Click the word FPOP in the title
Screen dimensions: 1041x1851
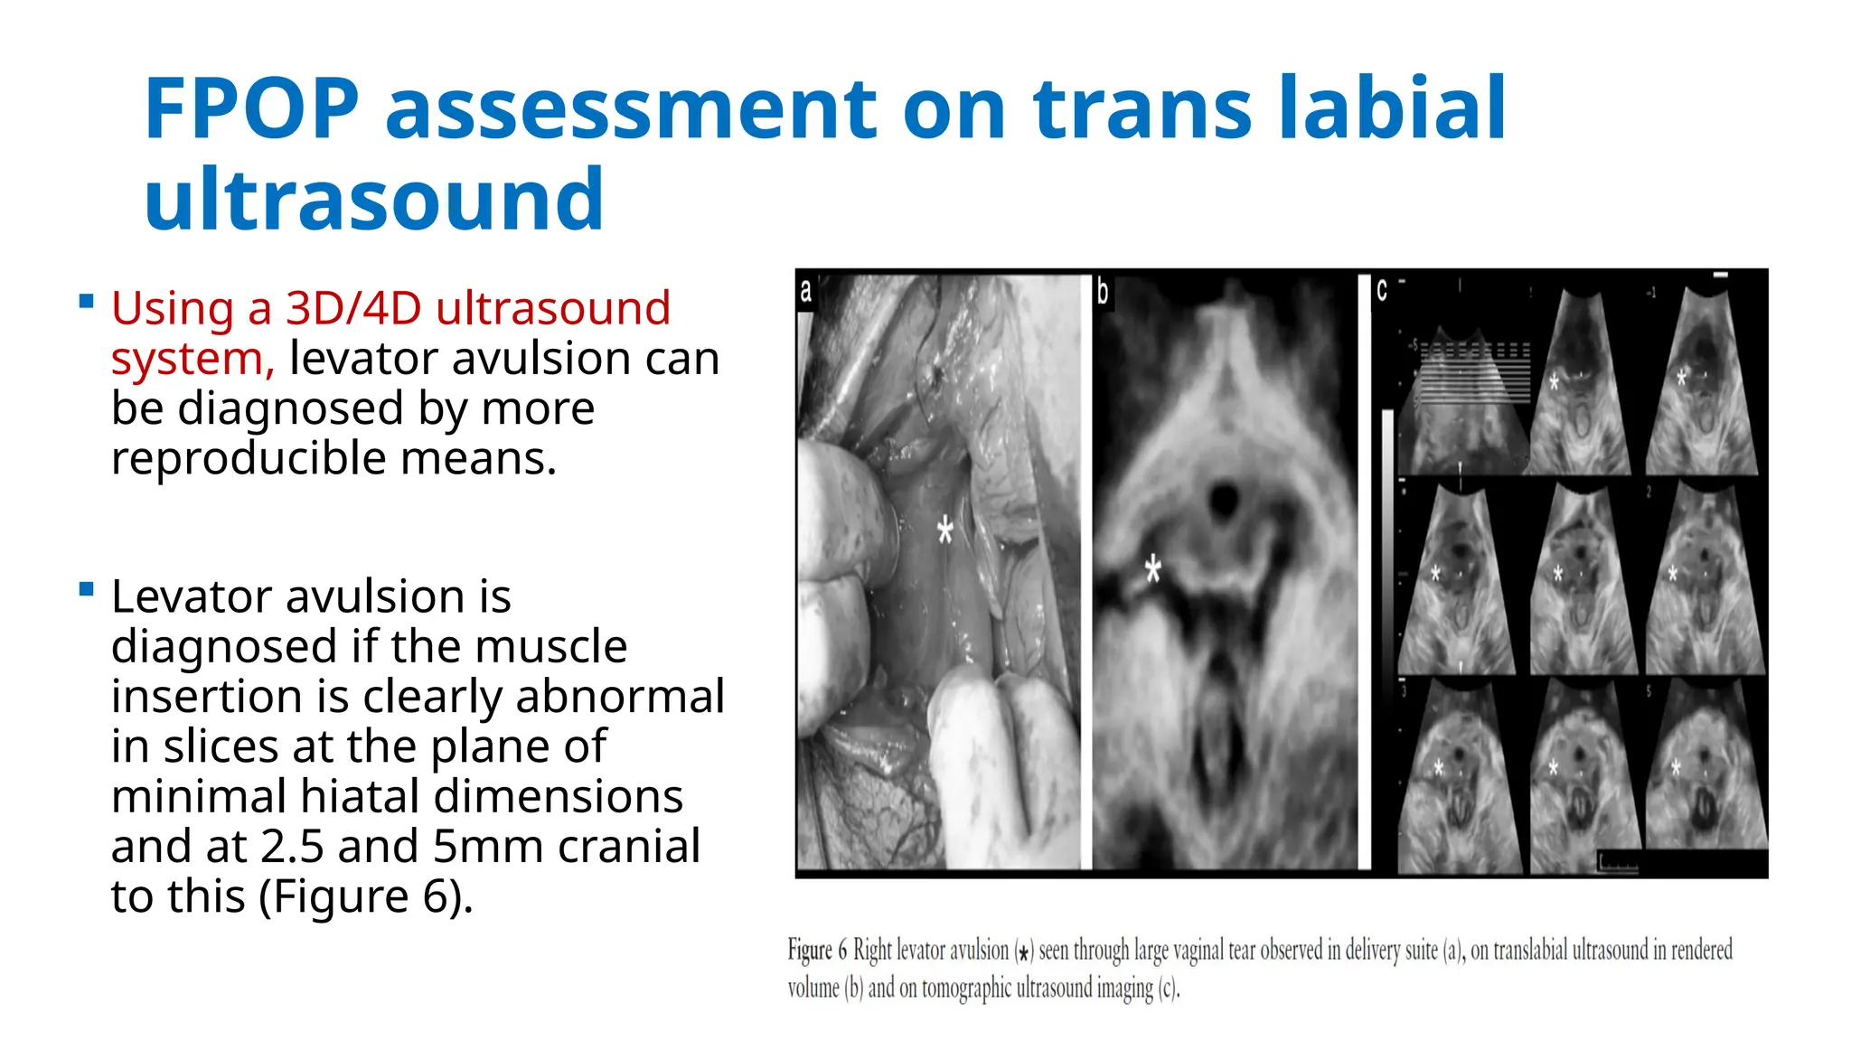coord(251,109)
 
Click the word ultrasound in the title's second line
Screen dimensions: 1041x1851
coord(373,200)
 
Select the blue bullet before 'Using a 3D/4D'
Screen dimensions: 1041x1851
coord(87,302)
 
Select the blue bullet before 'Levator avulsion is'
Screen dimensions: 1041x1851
coord(87,590)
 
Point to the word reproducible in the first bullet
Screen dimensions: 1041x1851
coord(249,458)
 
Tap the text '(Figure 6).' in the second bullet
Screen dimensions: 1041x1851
coord(366,896)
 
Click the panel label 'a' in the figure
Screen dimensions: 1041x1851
coord(806,291)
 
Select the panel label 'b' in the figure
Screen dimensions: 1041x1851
coord(1103,291)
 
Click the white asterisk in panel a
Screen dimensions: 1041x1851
coord(944,530)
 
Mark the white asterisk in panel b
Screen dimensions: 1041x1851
coord(1152,569)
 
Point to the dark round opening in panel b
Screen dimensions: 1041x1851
coord(1224,498)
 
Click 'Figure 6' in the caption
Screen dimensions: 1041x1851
coord(817,951)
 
